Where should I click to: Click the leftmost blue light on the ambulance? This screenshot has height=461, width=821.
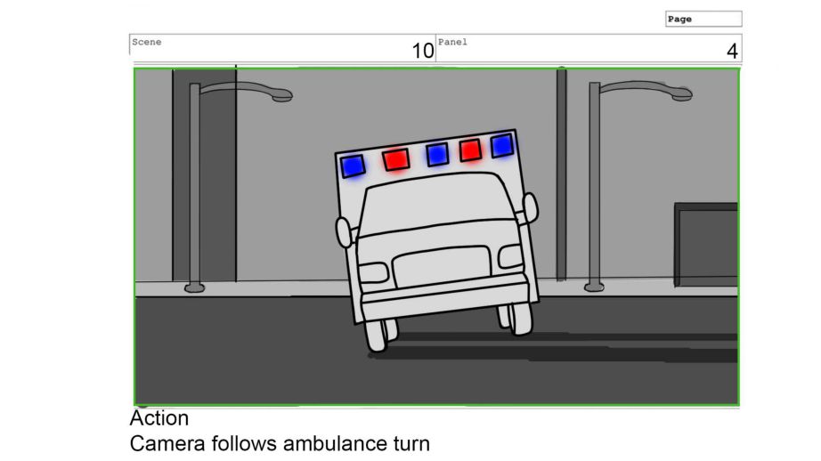353,166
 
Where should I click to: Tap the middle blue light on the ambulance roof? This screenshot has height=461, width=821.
437,155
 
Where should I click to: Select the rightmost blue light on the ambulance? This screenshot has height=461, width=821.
502,146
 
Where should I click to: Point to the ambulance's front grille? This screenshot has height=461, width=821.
443,266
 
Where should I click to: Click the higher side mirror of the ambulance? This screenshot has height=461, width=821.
531,207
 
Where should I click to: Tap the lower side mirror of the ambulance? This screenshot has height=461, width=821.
344,232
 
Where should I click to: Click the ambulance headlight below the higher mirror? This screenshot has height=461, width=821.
510,256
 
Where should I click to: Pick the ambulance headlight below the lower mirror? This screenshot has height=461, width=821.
373,273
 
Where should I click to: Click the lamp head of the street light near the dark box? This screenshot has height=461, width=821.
681,94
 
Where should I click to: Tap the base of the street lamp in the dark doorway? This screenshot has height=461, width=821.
194,287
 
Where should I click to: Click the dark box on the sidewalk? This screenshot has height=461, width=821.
706,245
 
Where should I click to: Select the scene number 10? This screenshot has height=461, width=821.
423,51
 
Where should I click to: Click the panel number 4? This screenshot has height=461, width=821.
732,51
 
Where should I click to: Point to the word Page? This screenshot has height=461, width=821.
679,20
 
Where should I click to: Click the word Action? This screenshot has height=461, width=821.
159,418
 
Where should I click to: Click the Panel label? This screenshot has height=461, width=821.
452,42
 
